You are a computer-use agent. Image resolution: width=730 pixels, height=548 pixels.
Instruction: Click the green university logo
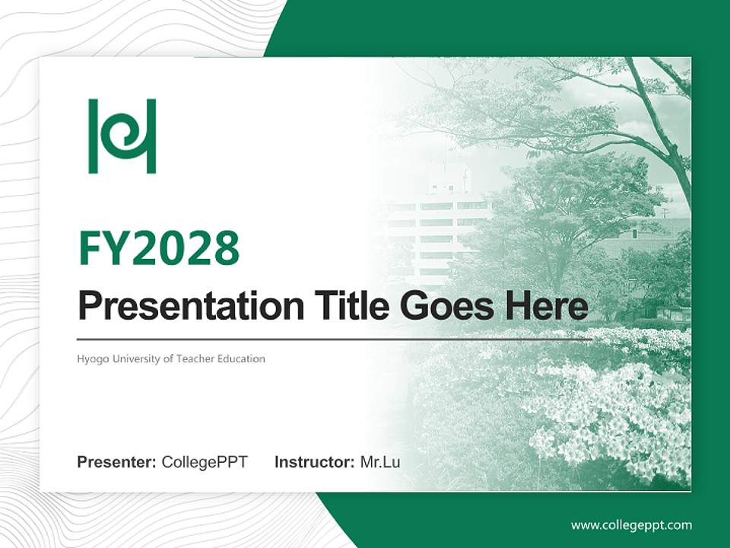pyautogui.click(x=122, y=136)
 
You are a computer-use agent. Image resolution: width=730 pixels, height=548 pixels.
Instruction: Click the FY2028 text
pyautogui.click(x=159, y=248)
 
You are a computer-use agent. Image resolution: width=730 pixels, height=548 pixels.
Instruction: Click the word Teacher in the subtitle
pyautogui.click(x=196, y=358)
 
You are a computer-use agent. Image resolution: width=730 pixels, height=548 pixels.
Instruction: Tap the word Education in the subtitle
pyautogui.click(x=243, y=358)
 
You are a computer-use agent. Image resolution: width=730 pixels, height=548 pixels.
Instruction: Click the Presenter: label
pyautogui.click(x=117, y=462)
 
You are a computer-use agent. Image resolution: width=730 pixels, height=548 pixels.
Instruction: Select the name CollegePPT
pyautogui.click(x=205, y=462)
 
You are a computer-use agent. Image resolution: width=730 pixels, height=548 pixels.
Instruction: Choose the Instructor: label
pyautogui.click(x=314, y=462)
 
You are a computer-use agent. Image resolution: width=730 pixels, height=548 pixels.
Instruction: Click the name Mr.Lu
pyautogui.click(x=380, y=462)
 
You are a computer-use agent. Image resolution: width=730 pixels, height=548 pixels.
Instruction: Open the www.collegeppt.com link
pyautogui.click(x=631, y=525)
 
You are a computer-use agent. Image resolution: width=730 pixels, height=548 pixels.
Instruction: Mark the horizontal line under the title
pyautogui.click(x=335, y=339)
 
